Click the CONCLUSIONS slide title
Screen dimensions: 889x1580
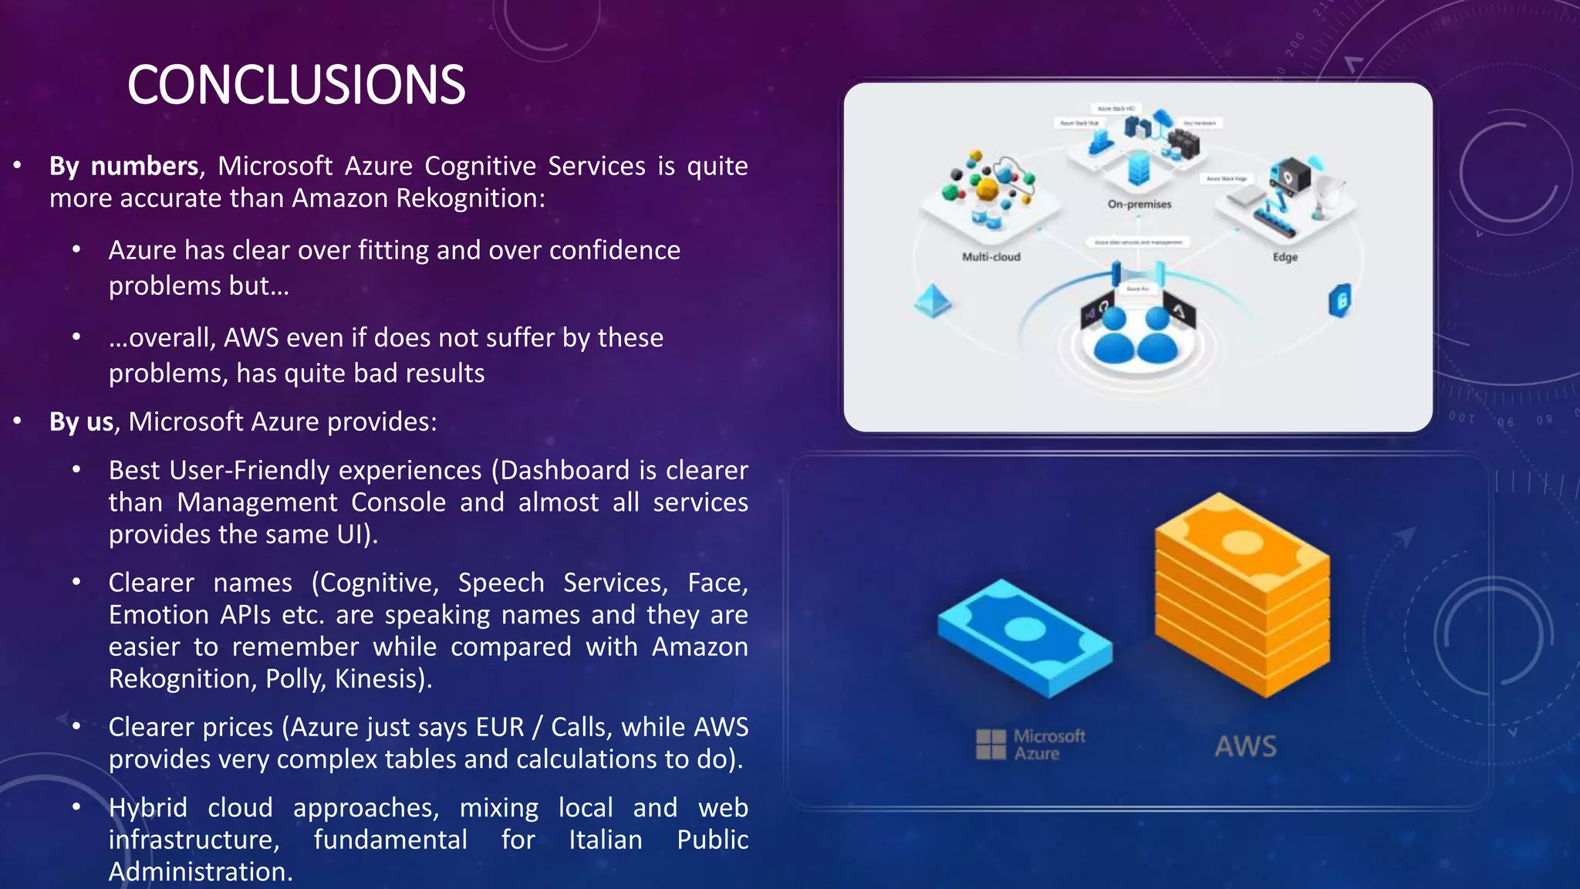tap(296, 85)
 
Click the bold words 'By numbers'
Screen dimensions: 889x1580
tap(123, 167)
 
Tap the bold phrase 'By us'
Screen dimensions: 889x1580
tap(82, 422)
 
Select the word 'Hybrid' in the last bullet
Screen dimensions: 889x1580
tap(148, 808)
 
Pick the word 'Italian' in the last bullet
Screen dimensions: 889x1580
tap(606, 840)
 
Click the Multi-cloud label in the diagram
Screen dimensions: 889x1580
tap(991, 257)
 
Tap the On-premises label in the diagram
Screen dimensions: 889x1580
tap(1139, 205)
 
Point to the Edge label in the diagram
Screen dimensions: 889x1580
tap(1285, 257)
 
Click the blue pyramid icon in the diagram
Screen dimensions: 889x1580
tap(932, 301)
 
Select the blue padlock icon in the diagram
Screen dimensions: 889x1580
tap(1340, 301)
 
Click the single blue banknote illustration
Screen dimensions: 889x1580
tap(1025, 637)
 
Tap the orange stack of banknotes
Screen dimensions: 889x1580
tap(1242, 594)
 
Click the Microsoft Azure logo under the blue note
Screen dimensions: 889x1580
tap(1031, 745)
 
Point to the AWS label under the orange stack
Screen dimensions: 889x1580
tap(1245, 746)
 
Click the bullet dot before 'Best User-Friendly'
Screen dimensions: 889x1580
tap(76, 470)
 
